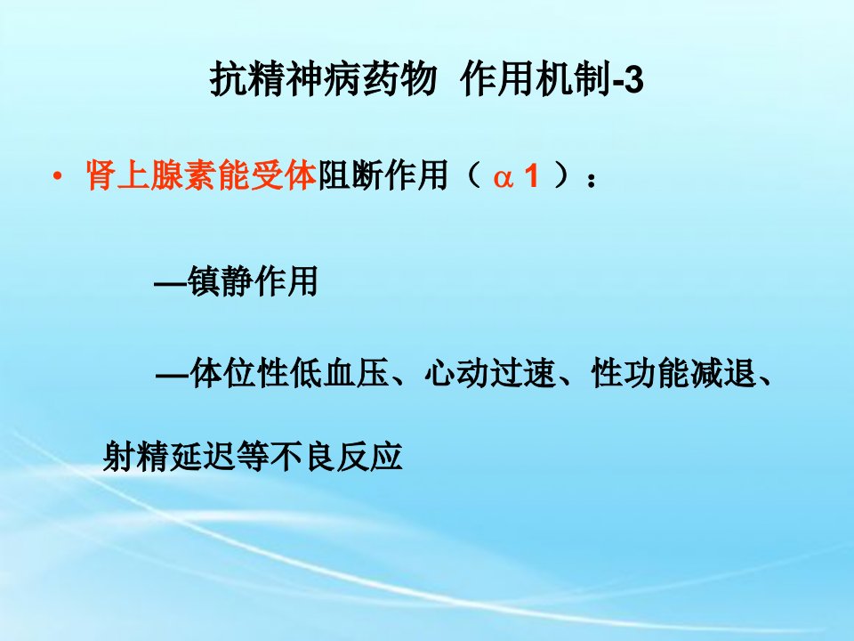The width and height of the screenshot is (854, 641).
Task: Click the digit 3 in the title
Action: pyautogui.click(x=632, y=80)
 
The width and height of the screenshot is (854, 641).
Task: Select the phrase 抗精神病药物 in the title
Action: pyautogui.click(x=324, y=79)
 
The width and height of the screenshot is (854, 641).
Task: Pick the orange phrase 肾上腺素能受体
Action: pyautogui.click(x=202, y=175)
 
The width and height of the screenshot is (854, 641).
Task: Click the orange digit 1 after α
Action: pyautogui.click(x=530, y=175)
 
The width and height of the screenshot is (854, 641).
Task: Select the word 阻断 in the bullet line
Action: pyautogui.click(x=350, y=175)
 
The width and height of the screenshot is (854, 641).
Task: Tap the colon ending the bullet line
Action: pyautogui.click(x=592, y=179)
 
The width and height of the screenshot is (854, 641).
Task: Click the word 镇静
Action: pyautogui.click(x=220, y=281)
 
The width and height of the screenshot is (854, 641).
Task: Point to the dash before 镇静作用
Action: pyautogui.click(x=171, y=284)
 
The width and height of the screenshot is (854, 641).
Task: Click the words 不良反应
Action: pyautogui.click(x=336, y=456)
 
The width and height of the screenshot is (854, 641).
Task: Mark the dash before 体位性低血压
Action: pyautogui.click(x=173, y=376)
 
